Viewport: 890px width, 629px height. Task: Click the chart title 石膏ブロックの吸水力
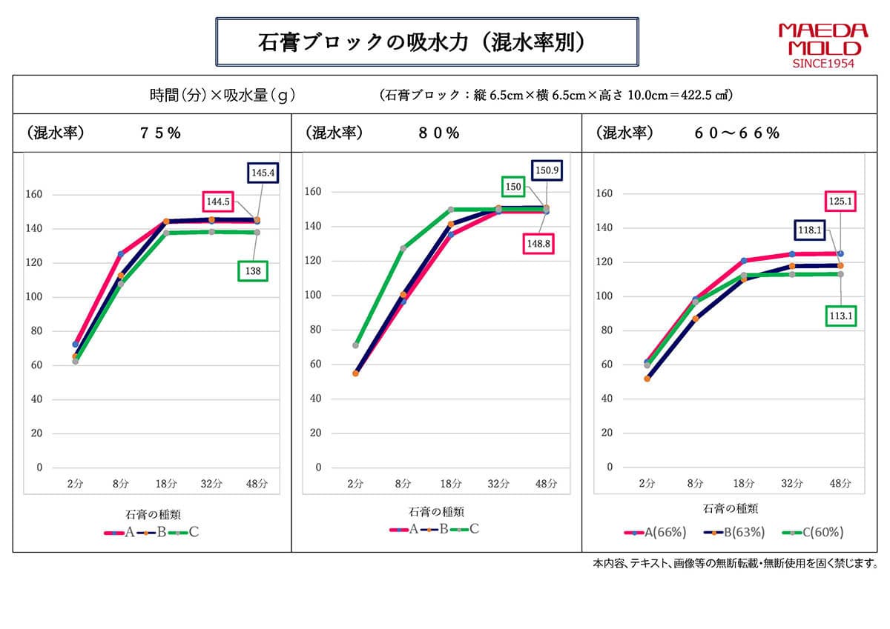click(x=426, y=42)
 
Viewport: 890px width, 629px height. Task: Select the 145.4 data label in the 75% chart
click(x=263, y=173)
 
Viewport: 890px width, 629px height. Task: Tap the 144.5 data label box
click(x=220, y=201)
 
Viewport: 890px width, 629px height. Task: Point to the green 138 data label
click(x=253, y=272)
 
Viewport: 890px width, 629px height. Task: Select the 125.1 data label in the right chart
click(x=840, y=201)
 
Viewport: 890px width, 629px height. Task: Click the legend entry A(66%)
click(x=656, y=532)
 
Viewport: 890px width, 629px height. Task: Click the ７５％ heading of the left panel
click(x=161, y=133)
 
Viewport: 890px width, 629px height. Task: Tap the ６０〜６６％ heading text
click(x=736, y=133)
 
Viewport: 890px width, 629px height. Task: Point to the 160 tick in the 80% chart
click(x=315, y=192)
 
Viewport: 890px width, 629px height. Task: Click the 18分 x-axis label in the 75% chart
click(x=166, y=484)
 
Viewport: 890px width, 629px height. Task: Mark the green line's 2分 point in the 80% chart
click(x=356, y=345)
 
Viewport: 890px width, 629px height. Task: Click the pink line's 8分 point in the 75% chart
click(x=121, y=254)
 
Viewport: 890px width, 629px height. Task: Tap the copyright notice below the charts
click(x=735, y=564)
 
